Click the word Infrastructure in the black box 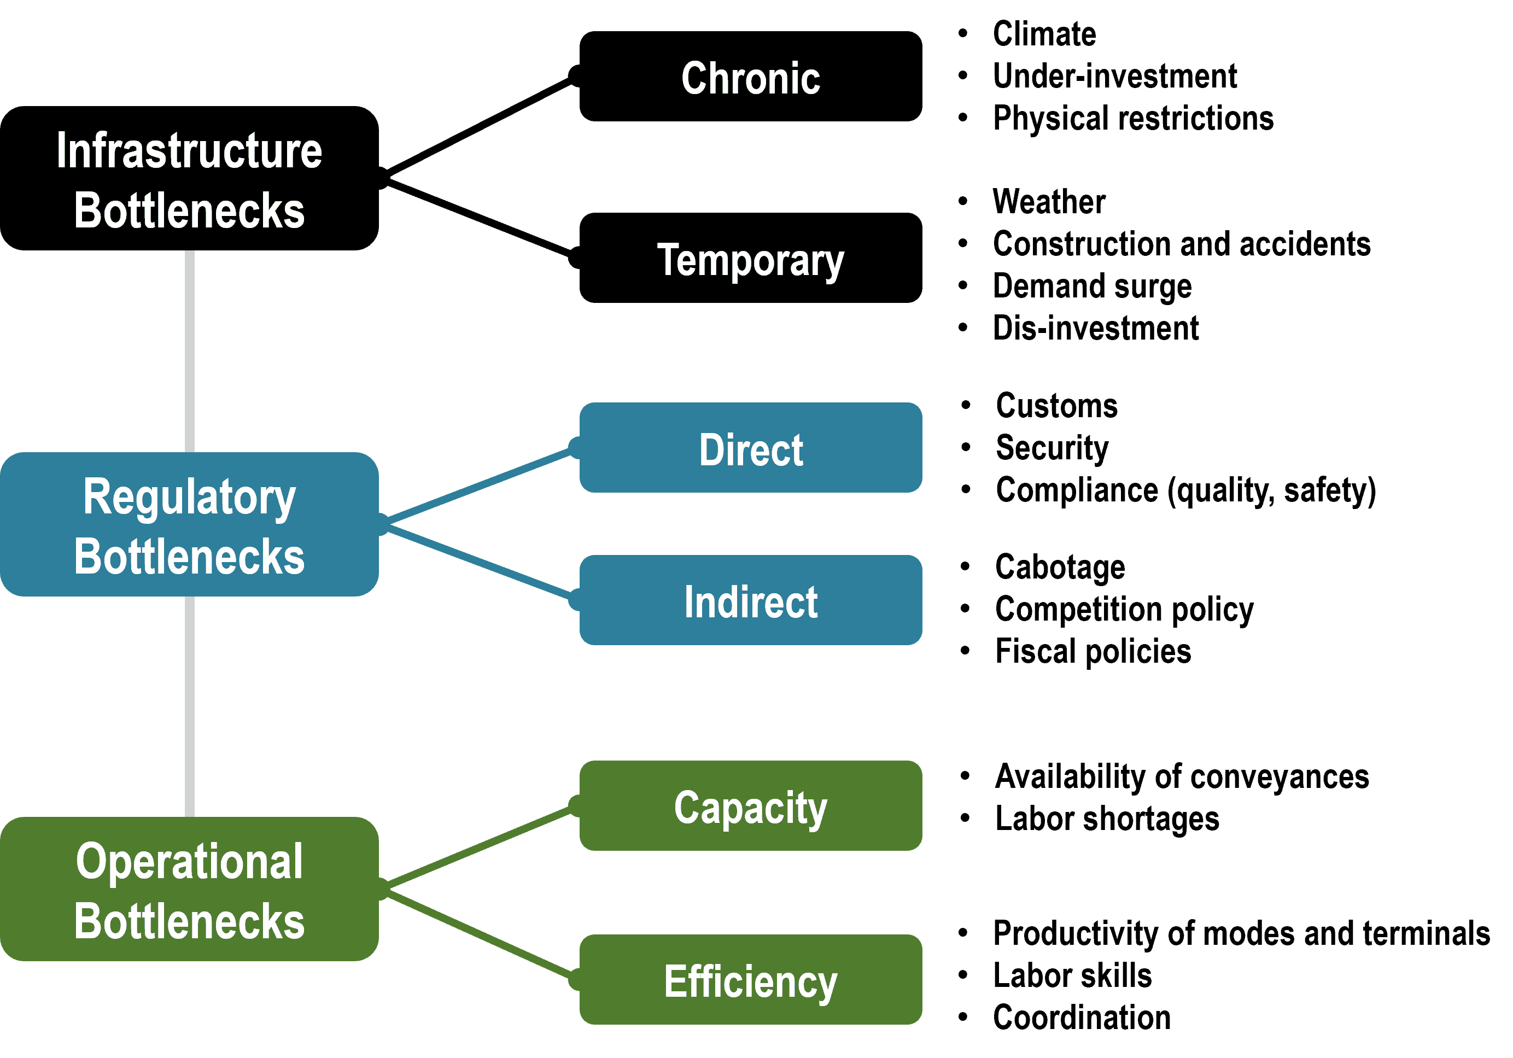click(189, 150)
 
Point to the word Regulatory click(189, 498)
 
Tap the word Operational click(189, 861)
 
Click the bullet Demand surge click(1092, 287)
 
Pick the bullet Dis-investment click(1095, 328)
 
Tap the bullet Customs click(1056, 406)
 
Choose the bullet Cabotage click(1060, 567)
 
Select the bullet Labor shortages click(1106, 819)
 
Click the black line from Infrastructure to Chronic click(478, 126)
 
